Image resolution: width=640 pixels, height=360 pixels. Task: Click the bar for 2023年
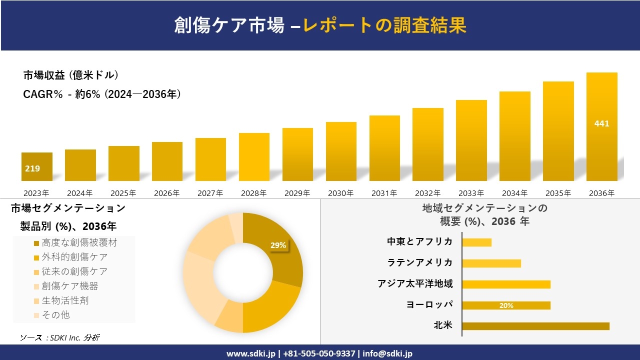coord(37,166)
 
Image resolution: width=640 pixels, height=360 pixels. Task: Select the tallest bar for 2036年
coord(601,127)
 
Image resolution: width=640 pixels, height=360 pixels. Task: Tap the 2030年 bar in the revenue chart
coord(341,151)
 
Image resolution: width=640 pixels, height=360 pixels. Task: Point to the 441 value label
coord(601,123)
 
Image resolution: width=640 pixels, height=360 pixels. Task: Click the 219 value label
coord(32,168)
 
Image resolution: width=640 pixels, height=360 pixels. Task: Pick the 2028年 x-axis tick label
coord(254,193)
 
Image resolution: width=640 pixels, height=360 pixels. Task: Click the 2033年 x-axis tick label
coord(471,193)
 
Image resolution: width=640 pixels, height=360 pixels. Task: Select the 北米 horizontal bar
coord(535,326)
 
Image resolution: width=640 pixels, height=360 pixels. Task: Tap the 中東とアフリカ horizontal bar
coord(476,242)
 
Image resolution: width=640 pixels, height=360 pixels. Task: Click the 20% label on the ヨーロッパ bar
coord(506,305)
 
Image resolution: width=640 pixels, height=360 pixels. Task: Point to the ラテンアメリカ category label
coord(420,262)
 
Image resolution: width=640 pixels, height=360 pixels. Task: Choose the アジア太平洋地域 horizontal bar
coord(506,284)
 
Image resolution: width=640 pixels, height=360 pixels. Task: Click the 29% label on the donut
coord(278,245)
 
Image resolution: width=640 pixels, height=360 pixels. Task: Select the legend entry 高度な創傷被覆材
coord(79,243)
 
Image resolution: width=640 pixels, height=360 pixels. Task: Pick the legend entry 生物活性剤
coord(65,300)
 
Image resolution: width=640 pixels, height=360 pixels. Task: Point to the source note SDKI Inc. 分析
coord(59,337)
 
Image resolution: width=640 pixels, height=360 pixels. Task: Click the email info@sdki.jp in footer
coord(387,353)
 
